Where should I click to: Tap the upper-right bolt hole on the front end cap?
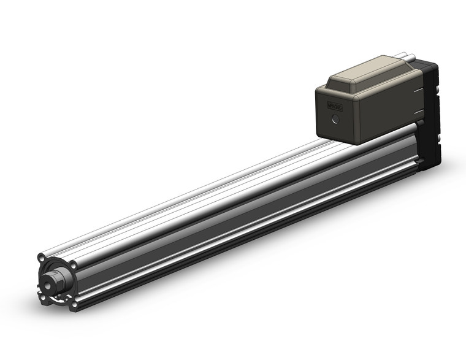point(74,265)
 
